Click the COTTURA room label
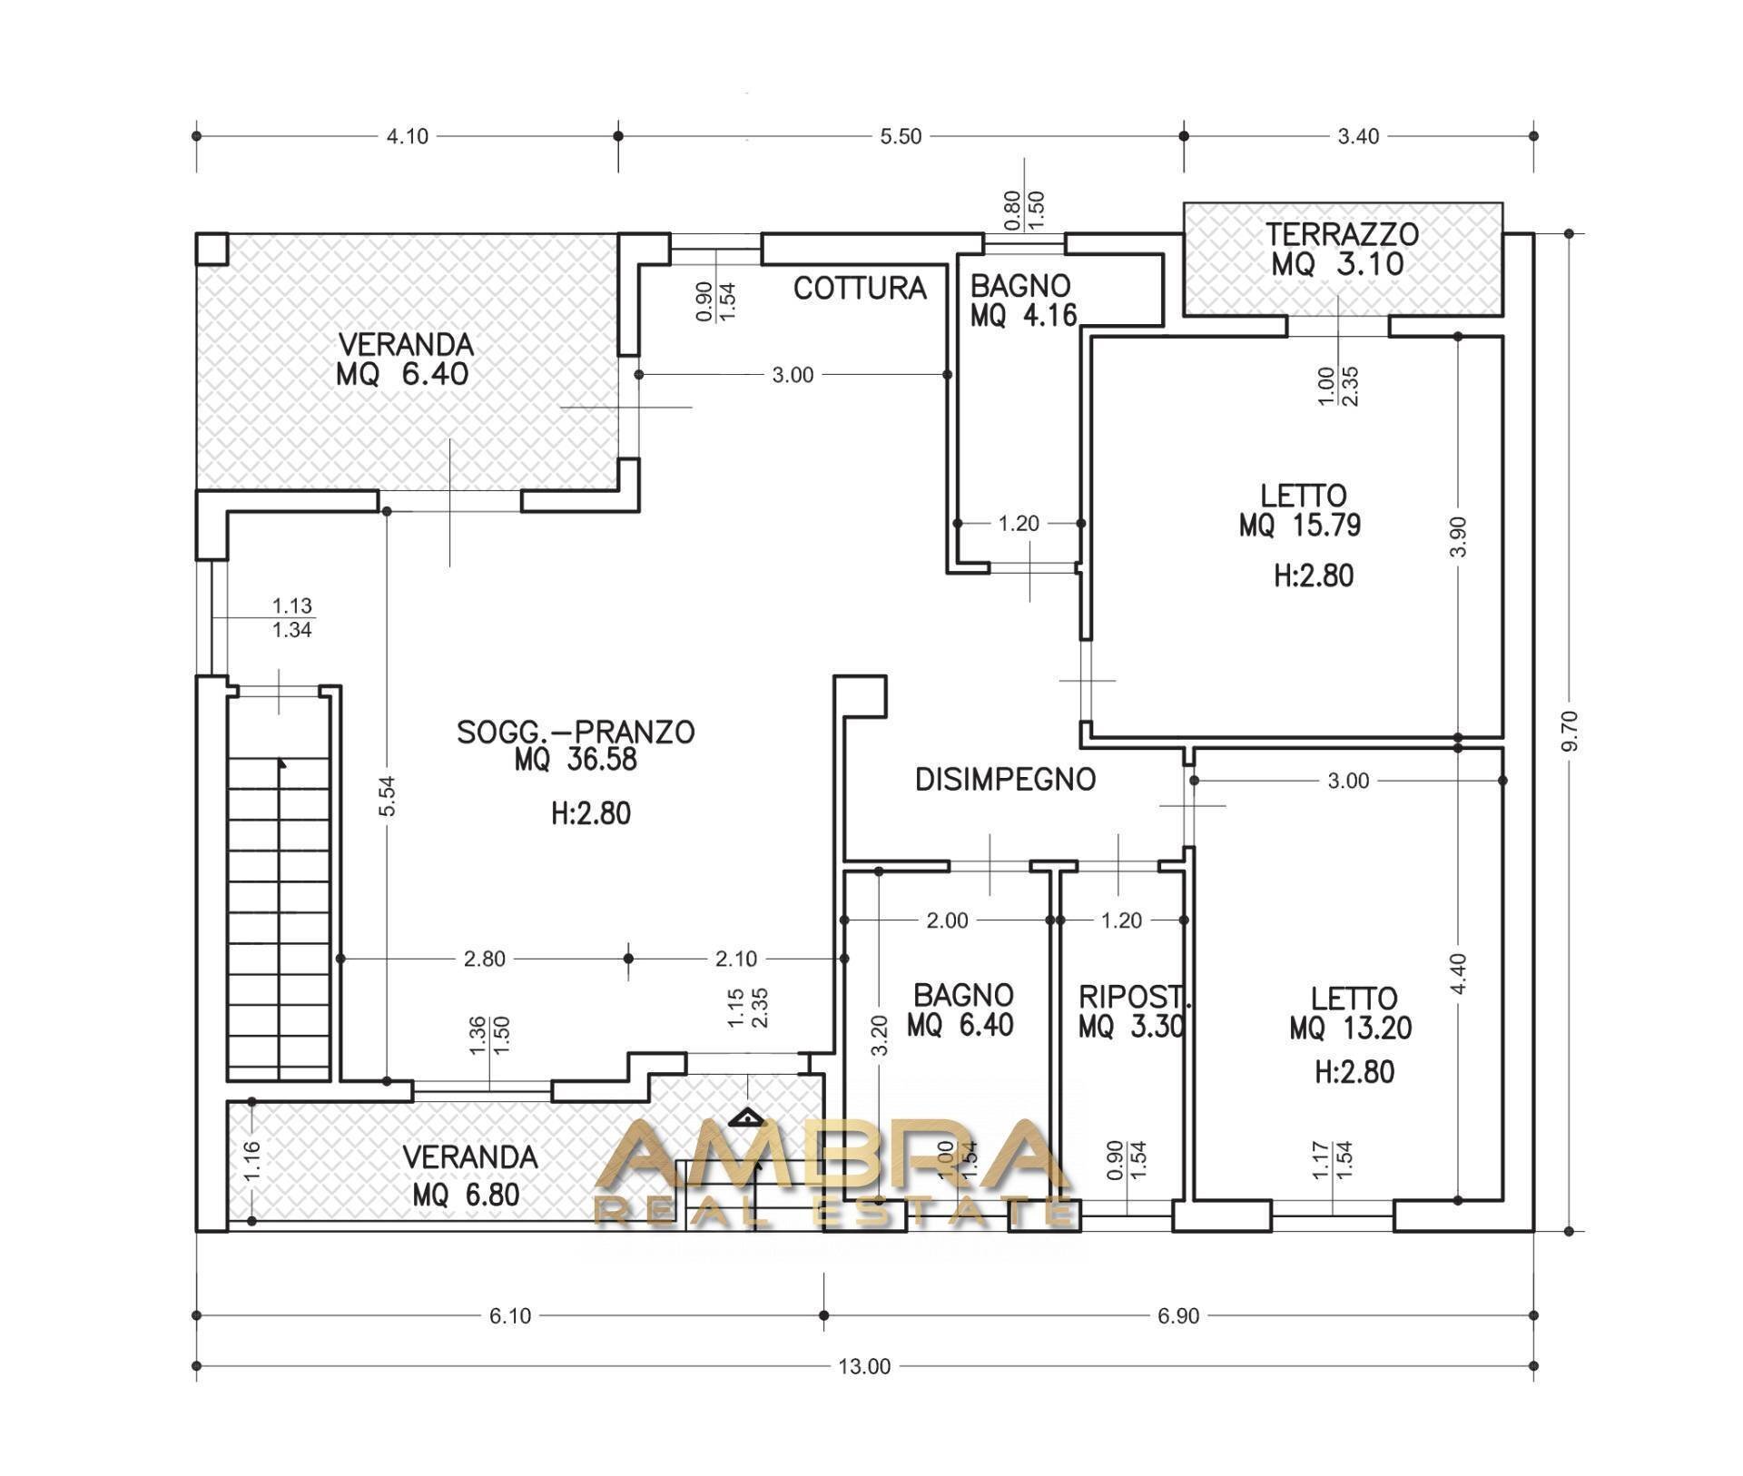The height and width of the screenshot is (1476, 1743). click(860, 289)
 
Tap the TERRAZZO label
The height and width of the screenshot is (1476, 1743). click(1343, 234)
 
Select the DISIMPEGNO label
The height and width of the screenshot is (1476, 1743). click(1006, 780)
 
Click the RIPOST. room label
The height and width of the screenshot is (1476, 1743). click(1134, 997)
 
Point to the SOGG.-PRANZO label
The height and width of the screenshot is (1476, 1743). click(576, 732)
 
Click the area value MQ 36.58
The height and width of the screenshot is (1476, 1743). click(576, 760)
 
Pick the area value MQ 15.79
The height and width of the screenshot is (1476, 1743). click(1300, 526)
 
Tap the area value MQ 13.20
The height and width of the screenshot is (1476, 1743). click(1350, 1028)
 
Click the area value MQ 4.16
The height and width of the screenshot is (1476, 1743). click(1024, 316)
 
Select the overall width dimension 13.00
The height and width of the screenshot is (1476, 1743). click(865, 1366)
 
